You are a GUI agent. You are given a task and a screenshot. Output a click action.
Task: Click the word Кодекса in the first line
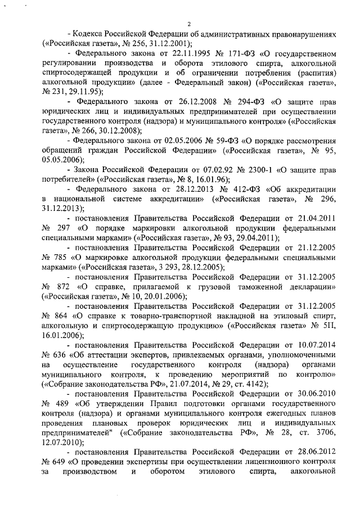[88, 34]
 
